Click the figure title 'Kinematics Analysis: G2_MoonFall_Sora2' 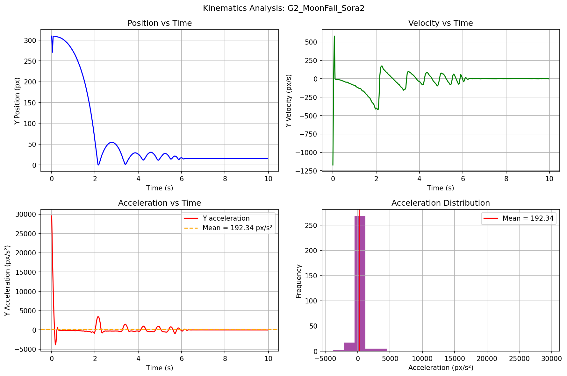[x=283, y=8]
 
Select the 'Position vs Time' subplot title [x=160, y=23]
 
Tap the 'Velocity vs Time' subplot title [x=441, y=23]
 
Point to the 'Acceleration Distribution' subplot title [x=441, y=203]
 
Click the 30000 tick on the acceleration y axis [x=28, y=214]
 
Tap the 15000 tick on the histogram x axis [x=455, y=358]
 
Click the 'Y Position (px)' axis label [x=18, y=101]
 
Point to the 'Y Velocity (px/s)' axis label [x=289, y=101]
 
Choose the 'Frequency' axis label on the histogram [x=298, y=281]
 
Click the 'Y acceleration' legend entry [x=226, y=218]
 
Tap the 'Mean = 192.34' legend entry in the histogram [x=528, y=218]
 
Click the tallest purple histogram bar [x=360, y=283]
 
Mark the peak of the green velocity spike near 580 [x=334, y=36]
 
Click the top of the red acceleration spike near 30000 [x=52, y=216]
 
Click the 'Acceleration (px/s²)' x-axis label [x=441, y=368]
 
